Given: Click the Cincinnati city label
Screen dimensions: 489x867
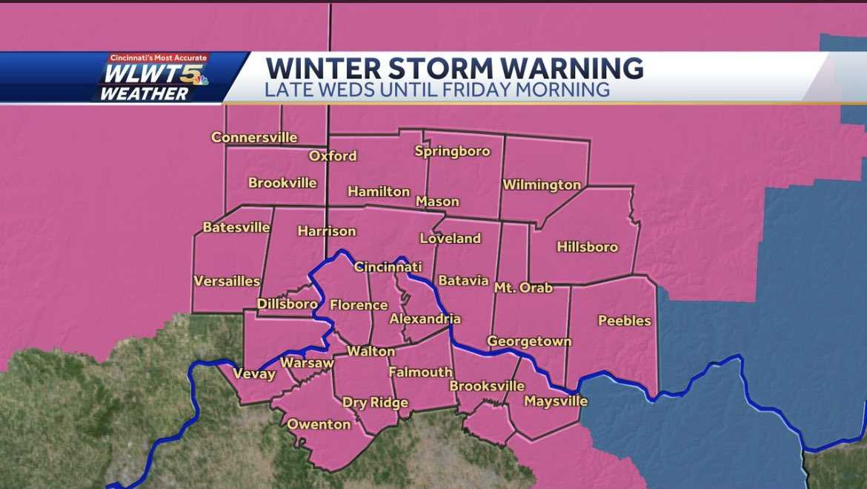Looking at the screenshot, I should tap(388, 267).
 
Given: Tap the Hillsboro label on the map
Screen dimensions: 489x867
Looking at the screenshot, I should tap(587, 247).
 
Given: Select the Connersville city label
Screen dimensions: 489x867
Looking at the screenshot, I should tap(254, 137).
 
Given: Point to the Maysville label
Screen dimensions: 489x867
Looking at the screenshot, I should tap(555, 402).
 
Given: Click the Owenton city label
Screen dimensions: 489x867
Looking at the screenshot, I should tap(319, 424).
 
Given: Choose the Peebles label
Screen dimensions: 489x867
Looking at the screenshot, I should tap(624, 321).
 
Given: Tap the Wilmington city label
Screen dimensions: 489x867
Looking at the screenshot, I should tap(542, 184).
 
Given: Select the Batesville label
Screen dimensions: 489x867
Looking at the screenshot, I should tap(236, 227).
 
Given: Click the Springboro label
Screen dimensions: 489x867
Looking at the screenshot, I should tap(452, 151).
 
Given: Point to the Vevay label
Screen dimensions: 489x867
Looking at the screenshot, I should tap(253, 374).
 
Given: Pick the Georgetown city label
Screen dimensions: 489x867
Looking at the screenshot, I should tap(529, 342).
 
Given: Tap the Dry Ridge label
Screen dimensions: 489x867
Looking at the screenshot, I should tap(375, 403).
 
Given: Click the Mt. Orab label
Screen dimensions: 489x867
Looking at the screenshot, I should tap(523, 287).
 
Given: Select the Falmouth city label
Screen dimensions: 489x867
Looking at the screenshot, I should tap(420, 372).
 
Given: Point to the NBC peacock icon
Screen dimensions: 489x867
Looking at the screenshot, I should tap(201, 78).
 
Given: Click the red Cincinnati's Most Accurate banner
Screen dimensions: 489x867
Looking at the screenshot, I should tap(159, 58).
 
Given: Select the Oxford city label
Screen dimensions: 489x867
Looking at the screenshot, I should tap(333, 156).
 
